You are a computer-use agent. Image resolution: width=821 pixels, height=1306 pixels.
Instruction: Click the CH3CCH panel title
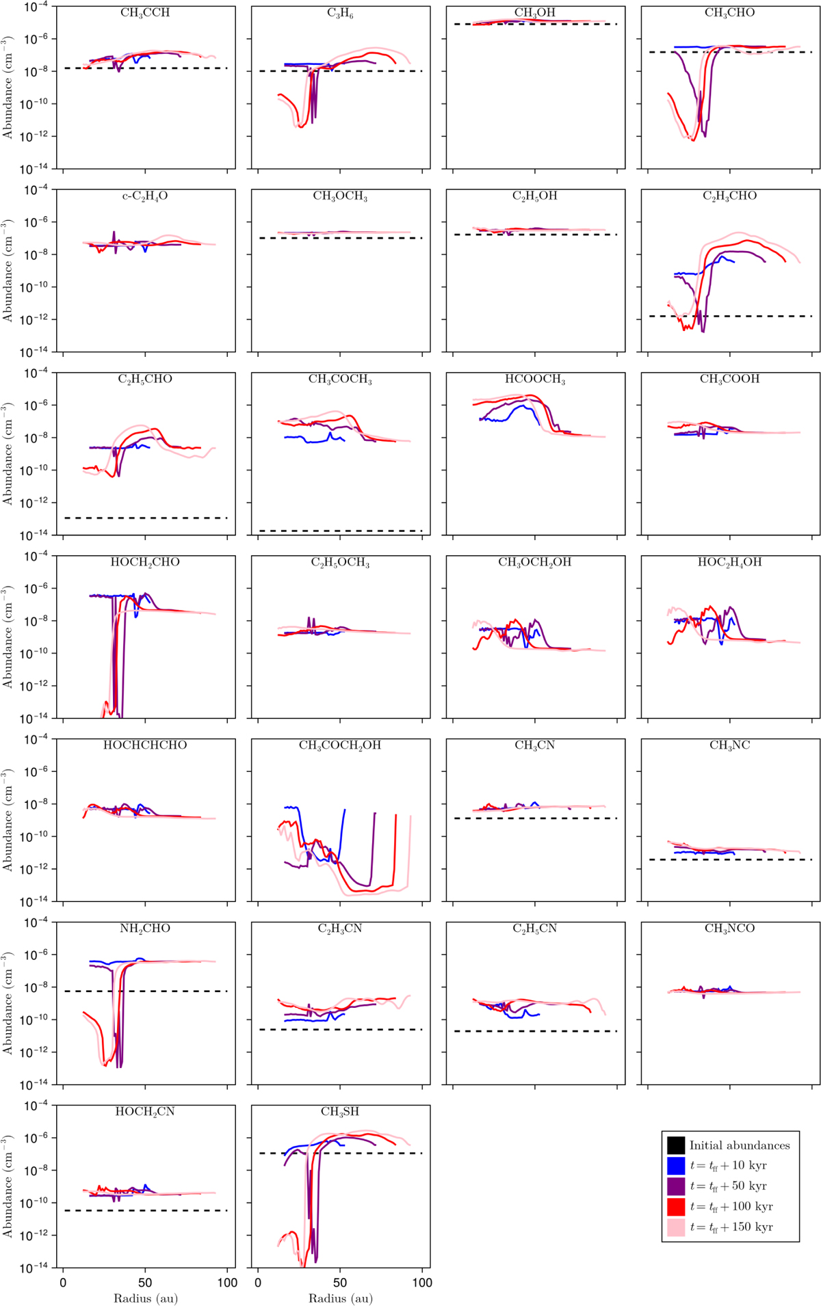click(145, 13)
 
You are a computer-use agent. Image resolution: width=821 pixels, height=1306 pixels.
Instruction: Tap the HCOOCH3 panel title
click(535, 379)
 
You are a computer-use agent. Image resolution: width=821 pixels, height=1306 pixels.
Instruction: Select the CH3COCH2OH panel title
click(340, 745)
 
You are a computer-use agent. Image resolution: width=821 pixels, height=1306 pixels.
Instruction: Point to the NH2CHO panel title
click(145, 929)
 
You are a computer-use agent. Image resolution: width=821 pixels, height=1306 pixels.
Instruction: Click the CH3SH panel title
click(340, 1112)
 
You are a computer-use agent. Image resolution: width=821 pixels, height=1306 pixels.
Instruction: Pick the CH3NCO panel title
click(729, 929)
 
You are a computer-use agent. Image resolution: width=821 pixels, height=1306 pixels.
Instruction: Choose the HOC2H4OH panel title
click(729, 562)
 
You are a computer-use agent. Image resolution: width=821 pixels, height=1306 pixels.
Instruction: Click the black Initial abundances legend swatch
click(676, 1145)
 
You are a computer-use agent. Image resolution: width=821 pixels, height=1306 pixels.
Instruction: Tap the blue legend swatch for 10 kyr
click(676, 1166)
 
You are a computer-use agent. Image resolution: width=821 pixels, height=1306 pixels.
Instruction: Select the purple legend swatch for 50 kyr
click(676, 1186)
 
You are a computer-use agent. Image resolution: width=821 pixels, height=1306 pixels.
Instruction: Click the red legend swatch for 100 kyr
click(676, 1207)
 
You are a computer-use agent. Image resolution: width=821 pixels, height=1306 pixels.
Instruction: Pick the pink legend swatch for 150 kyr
click(676, 1227)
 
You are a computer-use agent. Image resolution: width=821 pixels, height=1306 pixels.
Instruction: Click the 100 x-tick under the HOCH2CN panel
click(227, 1283)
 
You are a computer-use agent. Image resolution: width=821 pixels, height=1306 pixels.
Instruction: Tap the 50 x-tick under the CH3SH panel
click(340, 1283)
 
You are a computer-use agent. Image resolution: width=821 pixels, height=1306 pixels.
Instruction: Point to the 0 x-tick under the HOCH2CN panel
click(63, 1283)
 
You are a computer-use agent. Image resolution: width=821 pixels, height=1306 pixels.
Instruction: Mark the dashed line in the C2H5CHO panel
click(145, 518)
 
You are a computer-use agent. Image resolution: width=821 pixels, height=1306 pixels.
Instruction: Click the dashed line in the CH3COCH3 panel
click(340, 531)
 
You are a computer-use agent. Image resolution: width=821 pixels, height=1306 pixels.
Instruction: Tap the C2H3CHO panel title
click(729, 196)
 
